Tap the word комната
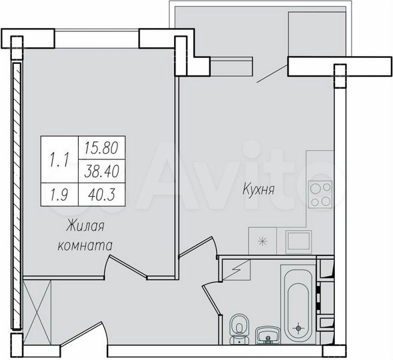[x=83, y=245]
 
